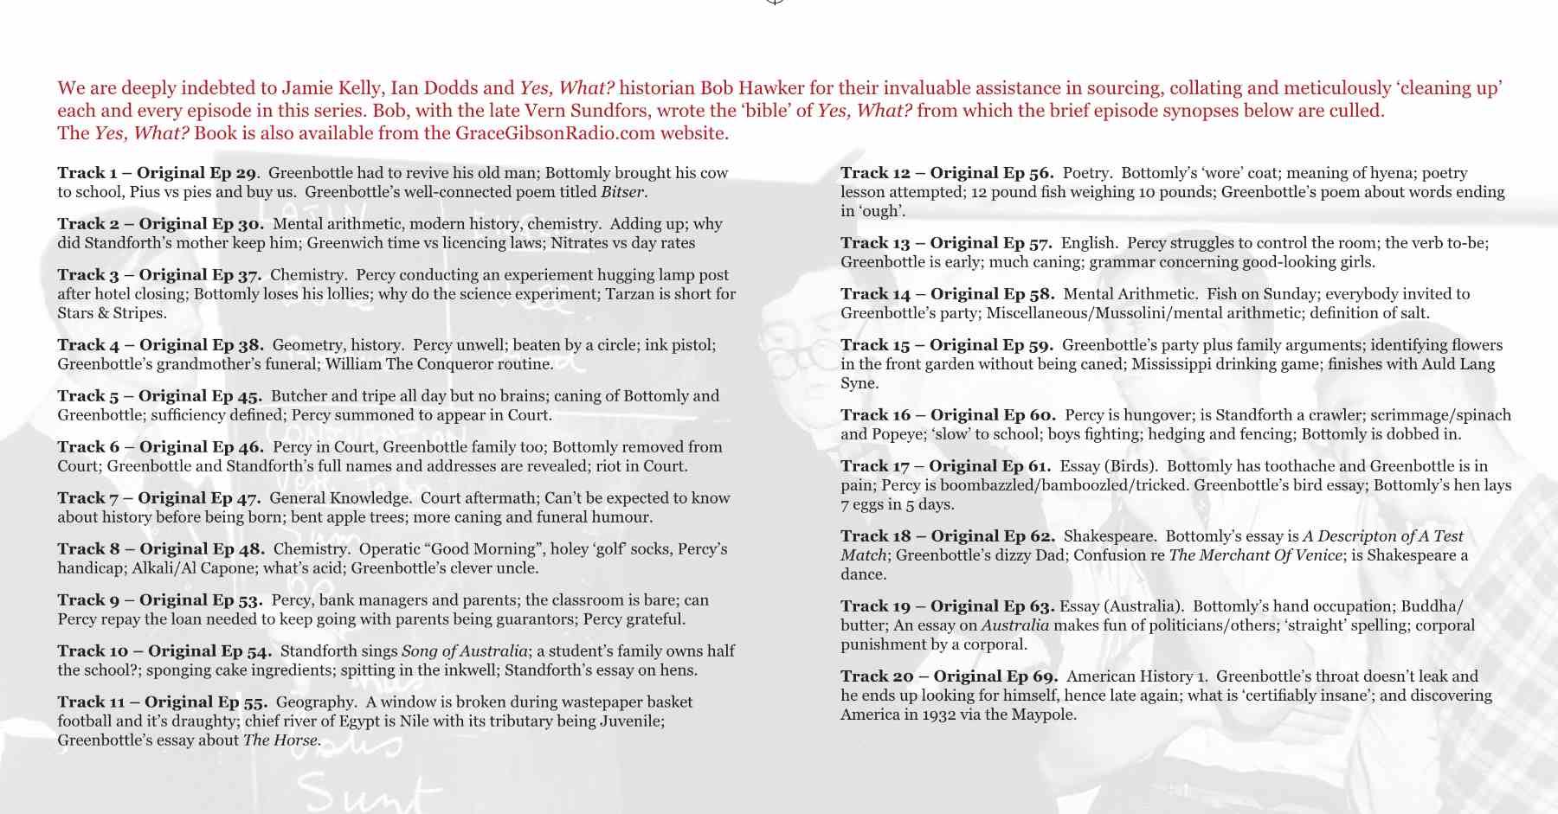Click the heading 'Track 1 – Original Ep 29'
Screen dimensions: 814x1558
[157, 173]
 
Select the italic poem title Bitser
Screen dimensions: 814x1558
[623, 192]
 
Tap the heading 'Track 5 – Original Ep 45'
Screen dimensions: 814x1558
[159, 396]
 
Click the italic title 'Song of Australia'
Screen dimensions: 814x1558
[465, 651]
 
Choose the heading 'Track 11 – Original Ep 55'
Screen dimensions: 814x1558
[162, 702]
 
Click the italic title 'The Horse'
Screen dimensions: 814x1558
[280, 740]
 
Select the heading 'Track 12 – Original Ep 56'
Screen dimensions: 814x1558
[946, 173]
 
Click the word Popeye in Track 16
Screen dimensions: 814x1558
[907, 434]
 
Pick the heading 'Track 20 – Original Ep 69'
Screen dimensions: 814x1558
[949, 676]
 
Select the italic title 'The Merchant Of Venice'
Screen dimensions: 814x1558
[1255, 555]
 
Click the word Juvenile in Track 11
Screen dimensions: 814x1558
[630, 721]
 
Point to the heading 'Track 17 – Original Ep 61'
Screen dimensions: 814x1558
[945, 466]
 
